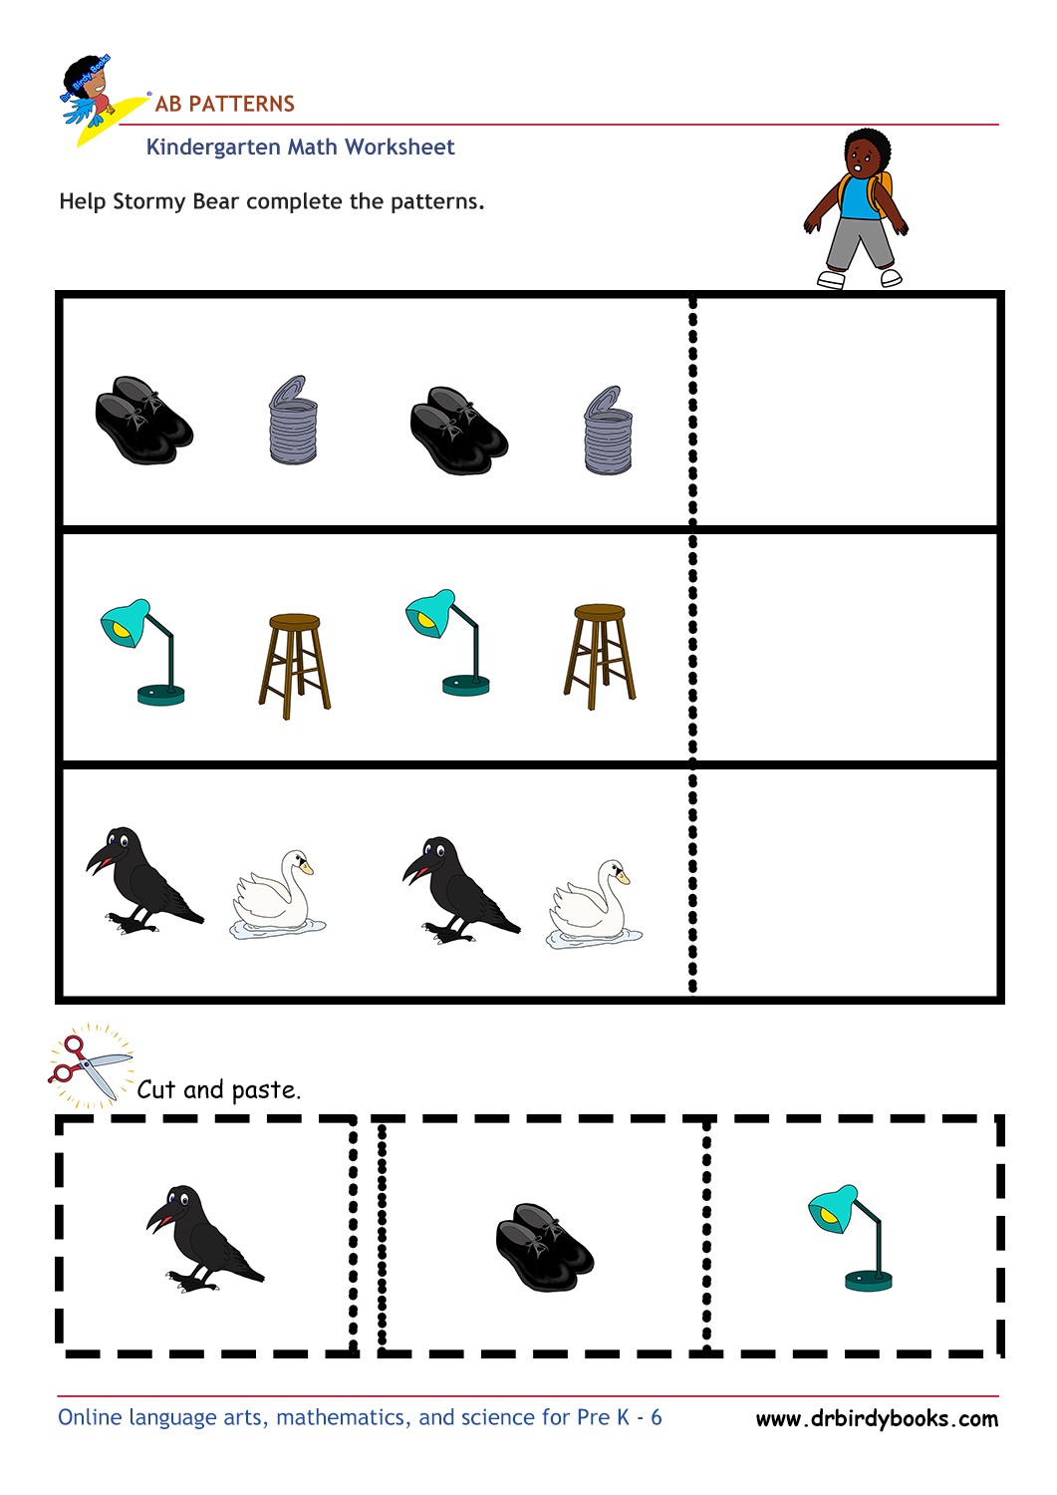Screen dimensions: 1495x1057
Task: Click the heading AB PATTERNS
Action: pos(224,104)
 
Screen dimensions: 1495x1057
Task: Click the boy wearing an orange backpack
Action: pos(858,208)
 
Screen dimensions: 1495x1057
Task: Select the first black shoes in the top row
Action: pos(143,420)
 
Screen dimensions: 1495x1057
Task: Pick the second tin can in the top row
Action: pos(607,432)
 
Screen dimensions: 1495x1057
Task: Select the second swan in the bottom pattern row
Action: pos(594,905)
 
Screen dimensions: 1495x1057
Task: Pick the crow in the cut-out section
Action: pos(203,1239)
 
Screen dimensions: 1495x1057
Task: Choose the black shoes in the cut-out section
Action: pos(544,1248)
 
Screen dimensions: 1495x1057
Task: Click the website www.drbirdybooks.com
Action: pos(877,1418)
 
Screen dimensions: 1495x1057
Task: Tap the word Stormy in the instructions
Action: pos(148,201)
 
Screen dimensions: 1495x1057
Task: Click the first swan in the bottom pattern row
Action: pos(277,895)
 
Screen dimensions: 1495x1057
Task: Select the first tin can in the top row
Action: pos(293,421)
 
